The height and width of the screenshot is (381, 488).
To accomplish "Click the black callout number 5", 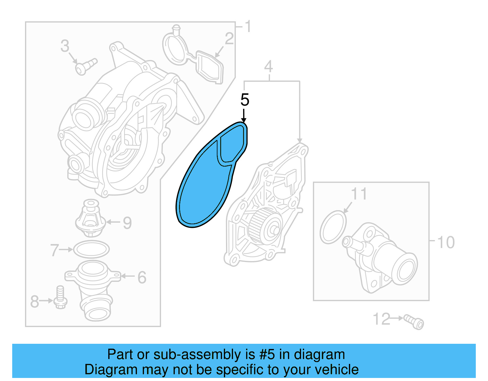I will (x=245, y=100).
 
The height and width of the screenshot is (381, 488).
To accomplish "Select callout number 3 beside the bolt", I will (x=65, y=46).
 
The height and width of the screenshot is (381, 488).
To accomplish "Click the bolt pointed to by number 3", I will (x=85, y=66).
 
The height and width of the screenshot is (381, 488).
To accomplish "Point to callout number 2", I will (x=229, y=39).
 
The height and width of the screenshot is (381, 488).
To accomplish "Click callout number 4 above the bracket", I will (x=268, y=66).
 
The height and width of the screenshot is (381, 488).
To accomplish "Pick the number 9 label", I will (x=127, y=223).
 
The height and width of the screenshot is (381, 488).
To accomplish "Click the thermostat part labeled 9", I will (x=90, y=218).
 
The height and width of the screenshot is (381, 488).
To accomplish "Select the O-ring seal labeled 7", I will (x=91, y=250).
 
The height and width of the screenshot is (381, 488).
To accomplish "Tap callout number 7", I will (x=54, y=250).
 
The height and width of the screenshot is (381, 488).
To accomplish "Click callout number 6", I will (x=142, y=277).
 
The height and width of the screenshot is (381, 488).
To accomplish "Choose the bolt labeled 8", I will (x=60, y=297).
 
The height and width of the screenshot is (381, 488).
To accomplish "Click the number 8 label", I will (x=34, y=301).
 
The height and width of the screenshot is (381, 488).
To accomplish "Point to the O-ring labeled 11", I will (x=333, y=227).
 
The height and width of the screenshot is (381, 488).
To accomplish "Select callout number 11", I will (x=359, y=194).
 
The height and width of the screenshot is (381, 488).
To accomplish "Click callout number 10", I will (x=446, y=243).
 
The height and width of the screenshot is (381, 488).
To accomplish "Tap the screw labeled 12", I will (x=414, y=322).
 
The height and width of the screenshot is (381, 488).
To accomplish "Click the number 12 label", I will (x=381, y=319).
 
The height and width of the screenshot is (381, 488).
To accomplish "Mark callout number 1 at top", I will (x=248, y=27).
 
